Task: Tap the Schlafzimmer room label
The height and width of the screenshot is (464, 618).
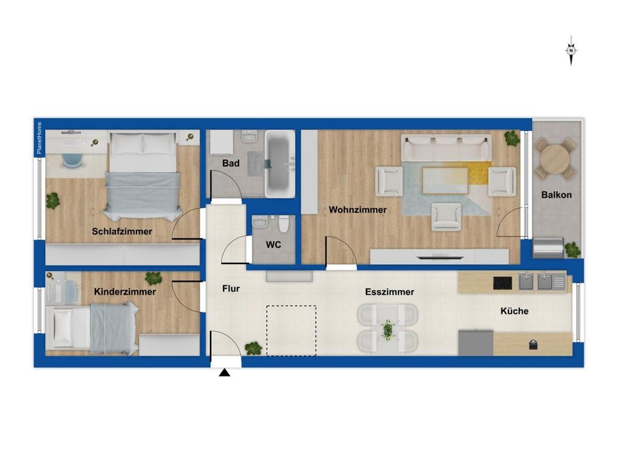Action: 122,231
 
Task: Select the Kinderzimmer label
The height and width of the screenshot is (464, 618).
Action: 125,291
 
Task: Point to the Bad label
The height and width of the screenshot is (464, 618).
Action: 230,164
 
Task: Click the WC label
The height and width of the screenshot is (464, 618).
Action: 273,244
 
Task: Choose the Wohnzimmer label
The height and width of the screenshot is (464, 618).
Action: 358,210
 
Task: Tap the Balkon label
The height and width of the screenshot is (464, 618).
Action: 556,194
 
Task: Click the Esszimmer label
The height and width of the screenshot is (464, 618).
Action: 389,291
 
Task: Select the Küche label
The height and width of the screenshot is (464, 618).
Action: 514,310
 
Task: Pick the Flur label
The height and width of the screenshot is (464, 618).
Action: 231,289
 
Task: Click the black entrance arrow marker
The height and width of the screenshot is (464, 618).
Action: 226,372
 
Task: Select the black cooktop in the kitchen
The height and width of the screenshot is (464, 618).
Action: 503,282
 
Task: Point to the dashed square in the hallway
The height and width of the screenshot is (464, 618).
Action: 291,331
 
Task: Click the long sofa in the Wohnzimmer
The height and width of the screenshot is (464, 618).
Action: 447,147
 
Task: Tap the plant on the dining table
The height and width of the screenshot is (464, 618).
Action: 388,329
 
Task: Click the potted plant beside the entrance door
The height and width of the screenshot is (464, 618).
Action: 253,348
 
